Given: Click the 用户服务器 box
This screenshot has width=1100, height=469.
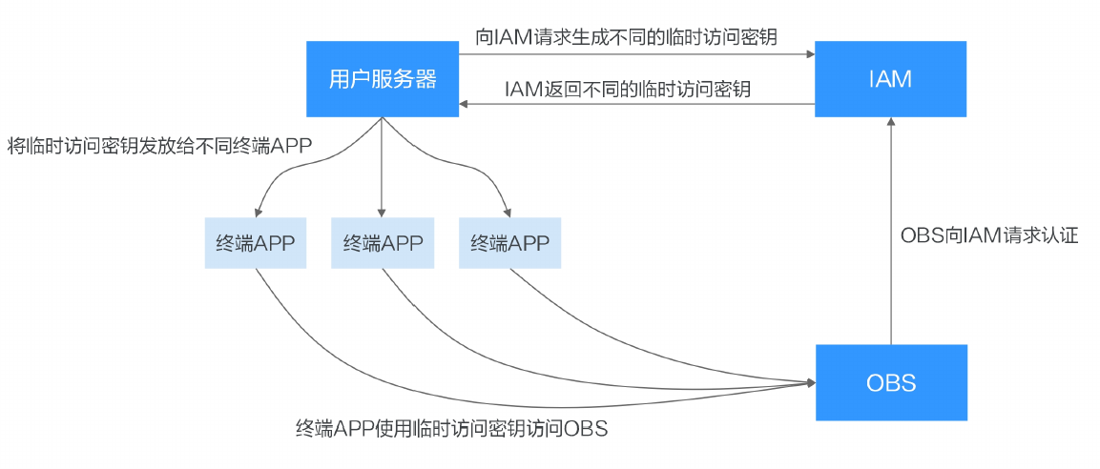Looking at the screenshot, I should pos(382,79).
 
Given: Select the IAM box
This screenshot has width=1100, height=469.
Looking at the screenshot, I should pos(890,79).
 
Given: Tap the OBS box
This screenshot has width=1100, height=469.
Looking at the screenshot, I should pos(890,383).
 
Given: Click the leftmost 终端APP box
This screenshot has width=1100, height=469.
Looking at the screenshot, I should pos(256,243).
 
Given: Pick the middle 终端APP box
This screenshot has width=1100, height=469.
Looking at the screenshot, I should pos(382,243).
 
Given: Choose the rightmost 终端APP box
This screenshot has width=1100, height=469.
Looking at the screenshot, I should pos(509,243).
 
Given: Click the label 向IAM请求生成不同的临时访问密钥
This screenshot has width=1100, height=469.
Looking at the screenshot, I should pos(626,36).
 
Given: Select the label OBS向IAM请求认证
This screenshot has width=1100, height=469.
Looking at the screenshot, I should pos(989,235).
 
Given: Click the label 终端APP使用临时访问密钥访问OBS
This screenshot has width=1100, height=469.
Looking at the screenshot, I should pos(451,428).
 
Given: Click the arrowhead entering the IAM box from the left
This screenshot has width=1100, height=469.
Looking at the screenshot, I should pos(809,54).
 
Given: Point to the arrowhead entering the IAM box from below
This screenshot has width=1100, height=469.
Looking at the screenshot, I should pos(890,123).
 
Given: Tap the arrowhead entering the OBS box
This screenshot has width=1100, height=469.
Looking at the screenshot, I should pos(810,383).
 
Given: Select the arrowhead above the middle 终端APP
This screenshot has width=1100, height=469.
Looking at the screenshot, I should pos(382,212).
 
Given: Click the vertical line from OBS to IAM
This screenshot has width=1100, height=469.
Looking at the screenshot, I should pos(890,238).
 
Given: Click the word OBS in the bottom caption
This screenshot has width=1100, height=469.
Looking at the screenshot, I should pos(587,428).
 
